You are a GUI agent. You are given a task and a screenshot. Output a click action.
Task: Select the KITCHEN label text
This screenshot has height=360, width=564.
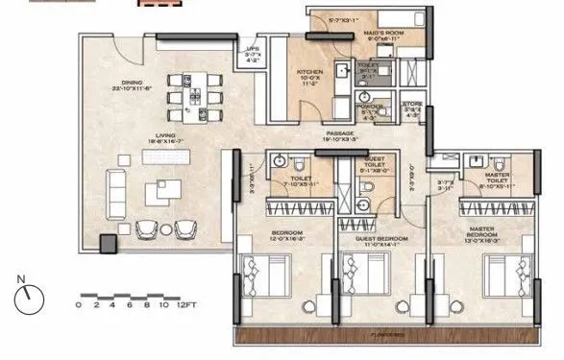point(308,72)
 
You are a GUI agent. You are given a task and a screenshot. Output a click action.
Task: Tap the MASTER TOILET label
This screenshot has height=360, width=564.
point(497,176)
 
